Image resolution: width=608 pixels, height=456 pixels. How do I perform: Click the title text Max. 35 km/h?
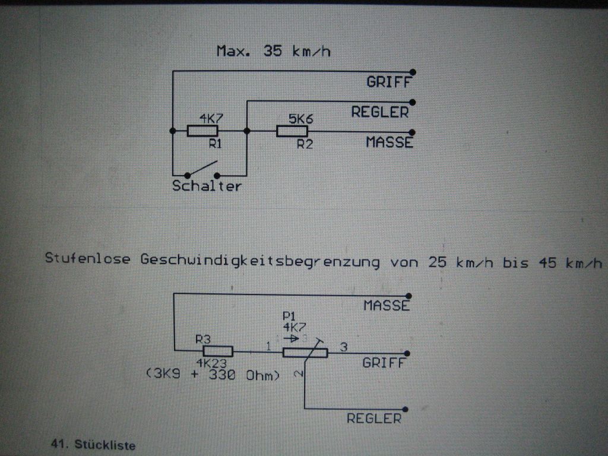(x=274, y=51)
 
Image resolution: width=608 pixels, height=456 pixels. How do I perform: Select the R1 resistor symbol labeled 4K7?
(x=202, y=131)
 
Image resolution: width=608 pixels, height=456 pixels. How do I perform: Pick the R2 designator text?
(x=305, y=144)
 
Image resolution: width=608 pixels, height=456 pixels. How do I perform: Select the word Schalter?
(x=207, y=186)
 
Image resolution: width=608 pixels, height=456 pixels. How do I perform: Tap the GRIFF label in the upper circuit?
(x=389, y=83)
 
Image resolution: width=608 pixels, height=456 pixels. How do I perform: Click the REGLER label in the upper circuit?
(x=380, y=112)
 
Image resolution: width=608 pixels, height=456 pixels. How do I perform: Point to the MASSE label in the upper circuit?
(x=389, y=142)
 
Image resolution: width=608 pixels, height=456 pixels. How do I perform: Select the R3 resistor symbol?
(x=218, y=351)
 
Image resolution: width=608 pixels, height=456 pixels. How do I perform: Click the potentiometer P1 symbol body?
(x=305, y=353)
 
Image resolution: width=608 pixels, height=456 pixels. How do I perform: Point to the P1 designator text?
(x=289, y=315)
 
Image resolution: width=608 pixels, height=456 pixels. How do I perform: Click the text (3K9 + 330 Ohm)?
(x=212, y=375)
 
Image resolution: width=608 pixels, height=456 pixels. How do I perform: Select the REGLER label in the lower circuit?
(x=374, y=419)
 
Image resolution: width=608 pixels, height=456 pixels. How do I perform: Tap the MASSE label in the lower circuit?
(x=387, y=306)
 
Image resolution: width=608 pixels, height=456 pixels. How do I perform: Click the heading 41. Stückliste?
(x=94, y=445)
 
